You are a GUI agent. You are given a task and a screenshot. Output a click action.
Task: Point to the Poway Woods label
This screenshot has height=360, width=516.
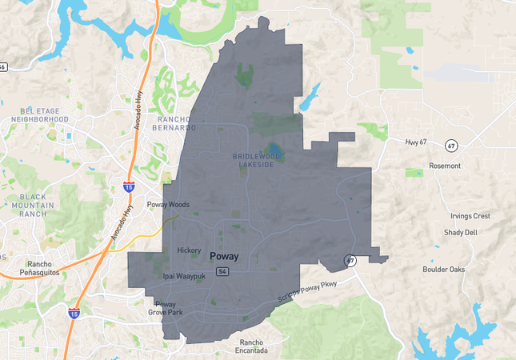click(x=168, y=205)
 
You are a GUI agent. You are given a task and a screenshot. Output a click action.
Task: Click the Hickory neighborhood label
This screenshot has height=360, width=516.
click(x=189, y=250)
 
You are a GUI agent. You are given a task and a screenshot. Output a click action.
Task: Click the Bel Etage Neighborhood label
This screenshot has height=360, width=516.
click(x=39, y=114)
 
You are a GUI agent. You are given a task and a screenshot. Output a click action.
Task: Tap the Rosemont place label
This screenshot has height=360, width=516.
click(x=445, y=166)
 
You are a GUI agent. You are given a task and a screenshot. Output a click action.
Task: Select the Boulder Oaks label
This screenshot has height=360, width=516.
click(x=444, y=269)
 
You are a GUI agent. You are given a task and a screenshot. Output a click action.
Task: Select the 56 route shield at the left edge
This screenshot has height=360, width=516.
click(x=3, y=67)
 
